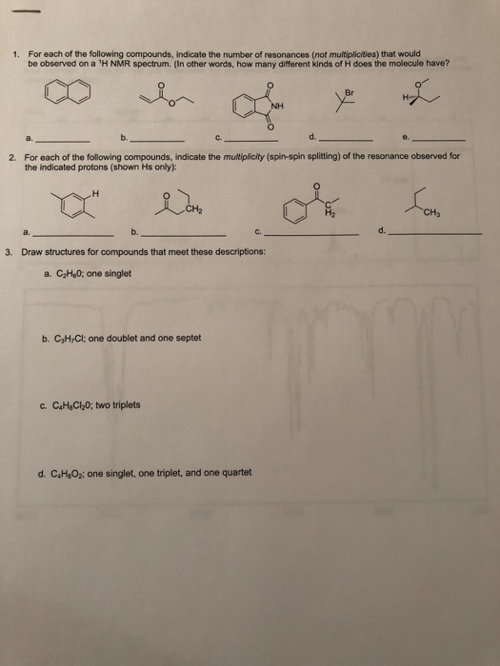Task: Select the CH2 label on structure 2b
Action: pos(194,208)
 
